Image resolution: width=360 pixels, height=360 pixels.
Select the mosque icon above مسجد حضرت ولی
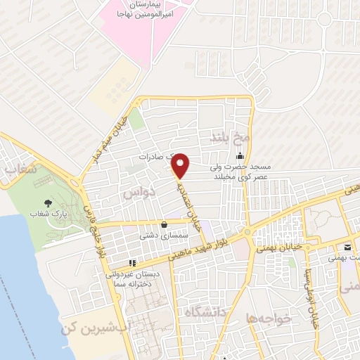pyautogui.click(x=240, y=156)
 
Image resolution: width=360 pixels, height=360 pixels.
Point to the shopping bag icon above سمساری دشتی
pyautogui.click(x=164, y=225)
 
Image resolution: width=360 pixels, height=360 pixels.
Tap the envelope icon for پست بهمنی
pyautogui.click(x=348, y=247)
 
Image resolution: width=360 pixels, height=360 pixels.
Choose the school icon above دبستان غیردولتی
pyautogui.click(x=131, y=264)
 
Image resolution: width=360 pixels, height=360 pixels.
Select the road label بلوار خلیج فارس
pyautogui.click(x=94, y=229)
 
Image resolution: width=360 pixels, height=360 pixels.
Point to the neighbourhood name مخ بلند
pyautogui.click(x=224, y=137)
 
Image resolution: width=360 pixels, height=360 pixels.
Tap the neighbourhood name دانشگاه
pyautogui.click(x=207, y=313)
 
